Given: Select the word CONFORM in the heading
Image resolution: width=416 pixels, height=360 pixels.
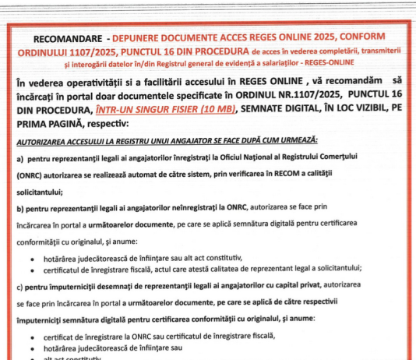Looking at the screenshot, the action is [x=369, y=38].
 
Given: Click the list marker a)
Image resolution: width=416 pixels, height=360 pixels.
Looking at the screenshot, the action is [x=21, y=159].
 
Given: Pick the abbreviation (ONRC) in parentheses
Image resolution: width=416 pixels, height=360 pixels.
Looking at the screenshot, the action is [x=31, y=178].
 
